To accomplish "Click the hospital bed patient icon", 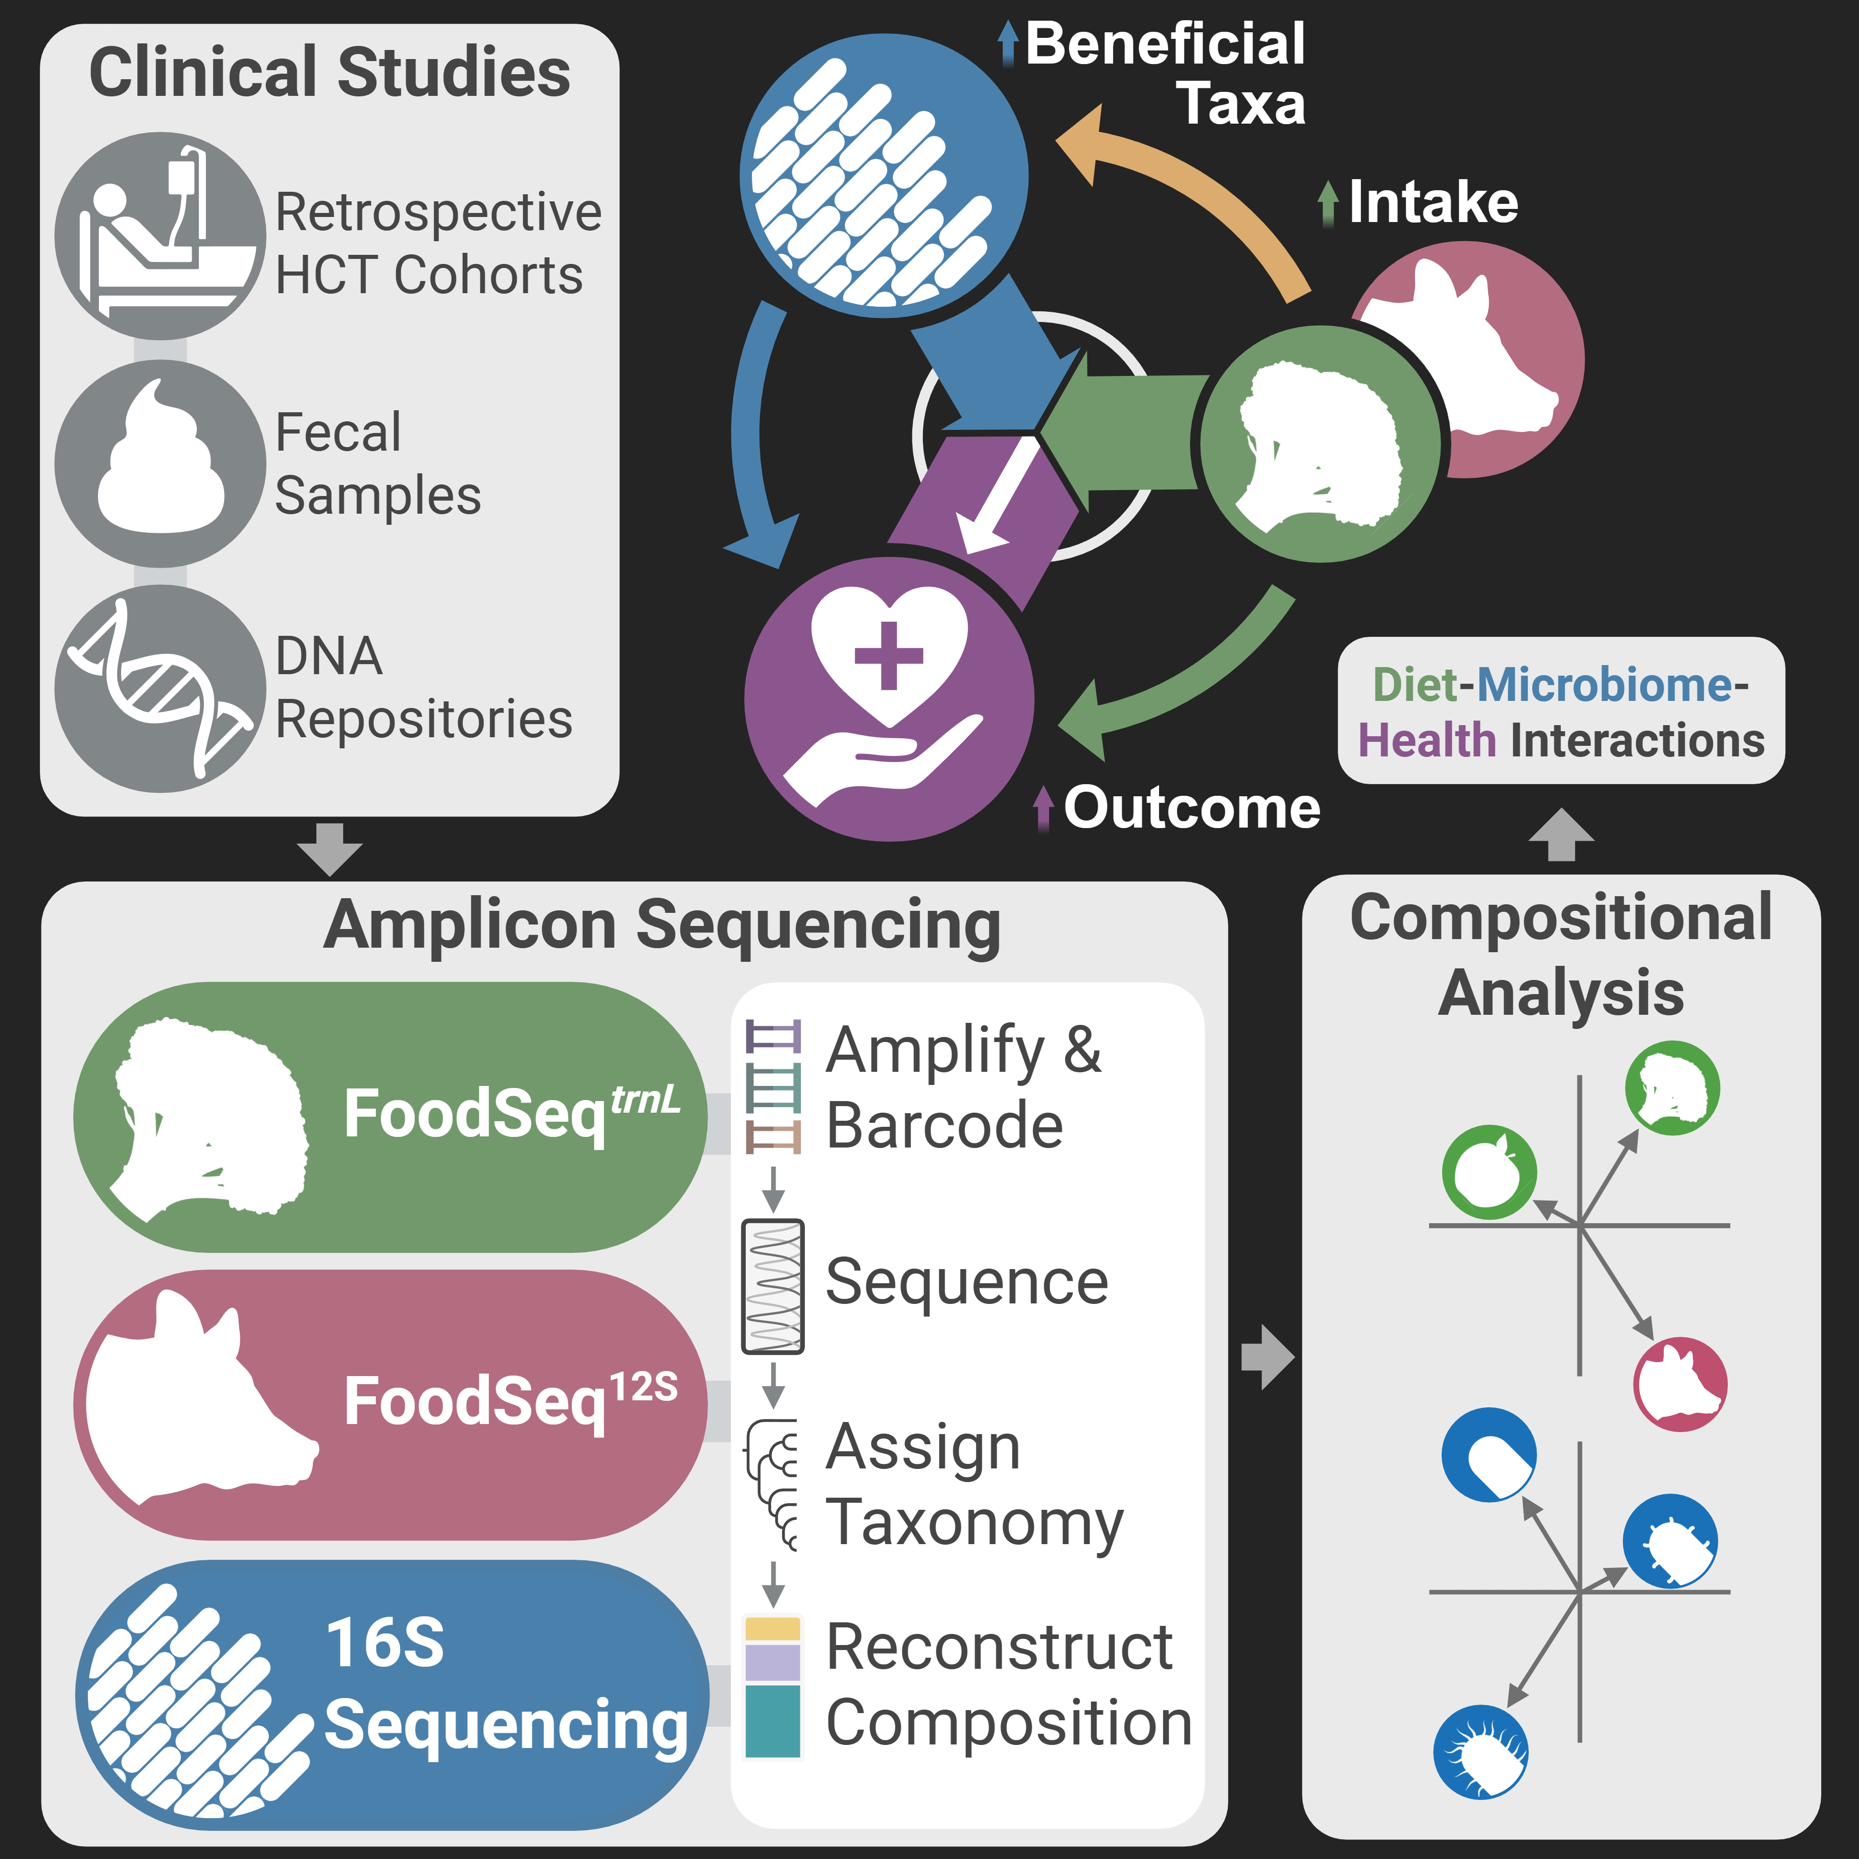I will click(159, 236).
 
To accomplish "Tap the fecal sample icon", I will click(160, 462).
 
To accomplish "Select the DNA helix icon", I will click(159, 688).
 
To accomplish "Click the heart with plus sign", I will click(889, 654).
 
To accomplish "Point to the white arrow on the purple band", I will click(996, 501).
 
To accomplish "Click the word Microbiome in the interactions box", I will click(1604, 685).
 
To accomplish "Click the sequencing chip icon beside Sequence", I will click(773, 1286).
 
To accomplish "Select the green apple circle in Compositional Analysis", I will click(1489, 1172).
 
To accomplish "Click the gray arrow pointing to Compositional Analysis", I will click(1268, 1357).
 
